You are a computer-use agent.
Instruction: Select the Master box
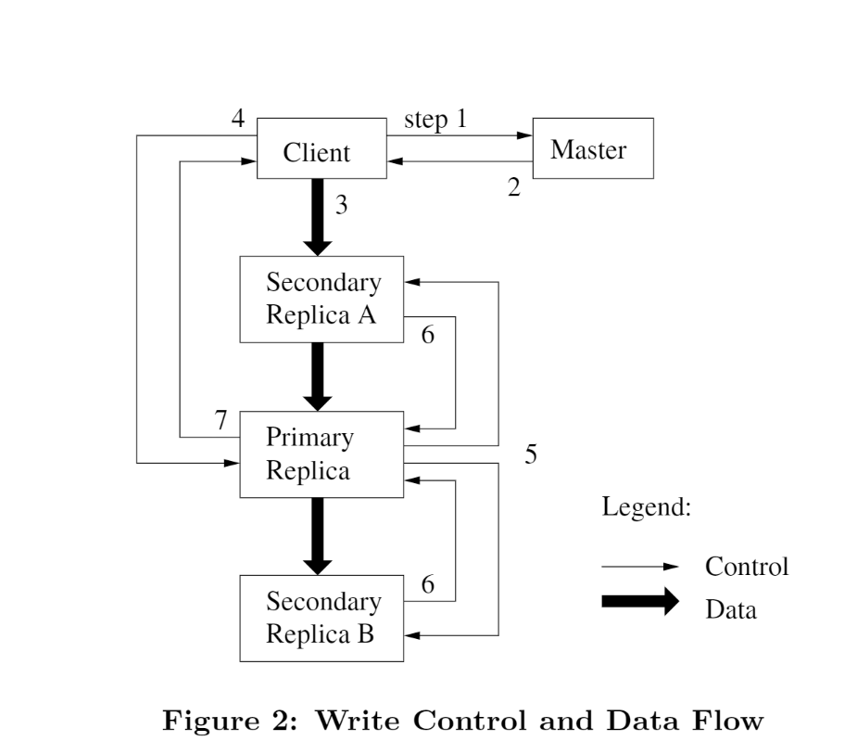592,148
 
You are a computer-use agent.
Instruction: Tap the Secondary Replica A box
321,299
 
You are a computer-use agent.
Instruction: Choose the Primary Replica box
321,454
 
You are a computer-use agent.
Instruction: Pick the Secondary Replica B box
321,618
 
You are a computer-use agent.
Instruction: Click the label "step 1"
435,121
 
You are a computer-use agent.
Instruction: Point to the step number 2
513,187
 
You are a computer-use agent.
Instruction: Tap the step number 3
341,206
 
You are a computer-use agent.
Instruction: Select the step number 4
238,120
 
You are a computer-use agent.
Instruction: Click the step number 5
531,454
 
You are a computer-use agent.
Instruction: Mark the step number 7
221,420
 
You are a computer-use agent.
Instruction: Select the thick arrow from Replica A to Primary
318,376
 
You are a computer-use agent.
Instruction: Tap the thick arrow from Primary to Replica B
318,536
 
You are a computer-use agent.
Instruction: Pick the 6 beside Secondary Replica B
427,584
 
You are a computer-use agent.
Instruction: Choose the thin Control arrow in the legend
640,567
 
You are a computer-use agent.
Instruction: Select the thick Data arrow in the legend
640,602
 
